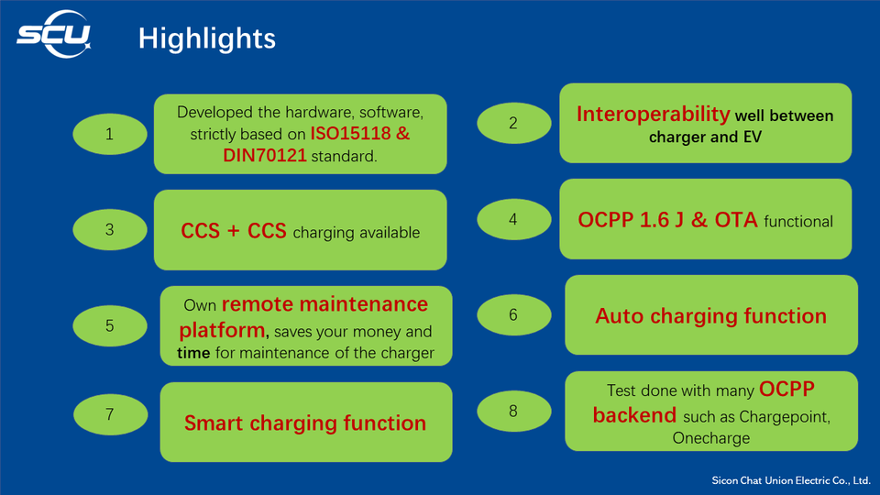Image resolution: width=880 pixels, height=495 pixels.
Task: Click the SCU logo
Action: pyautogui.click(x=54, y=38)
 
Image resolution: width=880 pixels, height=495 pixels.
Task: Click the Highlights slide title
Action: pyautogui.click(x=206, y=38)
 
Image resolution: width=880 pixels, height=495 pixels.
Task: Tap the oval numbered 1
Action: pyautogui.click(x=109, y=134)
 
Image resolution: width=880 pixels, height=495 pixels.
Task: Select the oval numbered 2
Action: pyautogui.click(x=513, y=122)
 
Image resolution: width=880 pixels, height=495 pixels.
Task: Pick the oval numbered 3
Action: pyautogui.click(x=109, y=230)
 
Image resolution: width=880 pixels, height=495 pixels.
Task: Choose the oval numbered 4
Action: pyautogui.click(x=513, y=220)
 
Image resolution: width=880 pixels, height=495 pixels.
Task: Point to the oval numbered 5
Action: pyautogui.click(x=109, y=325)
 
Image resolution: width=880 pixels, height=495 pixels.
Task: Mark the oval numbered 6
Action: pyautogui.click(x=513, y=314)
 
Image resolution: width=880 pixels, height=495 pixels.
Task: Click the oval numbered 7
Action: pyautogui.click(x=109, y=414)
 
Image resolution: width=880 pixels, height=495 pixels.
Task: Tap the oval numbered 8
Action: pyautogui.click(x=513, y=410)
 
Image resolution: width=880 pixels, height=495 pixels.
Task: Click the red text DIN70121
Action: pyautogui.click(x=265, y=156)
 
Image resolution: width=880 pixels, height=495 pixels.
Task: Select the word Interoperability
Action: pyautogui.click(x=653, y=114)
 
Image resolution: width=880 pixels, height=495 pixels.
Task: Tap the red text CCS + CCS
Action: pyautogui.click(x=234, y=231)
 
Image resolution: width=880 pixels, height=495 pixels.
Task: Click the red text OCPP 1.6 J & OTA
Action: pyautogui.click(x=667, y=220)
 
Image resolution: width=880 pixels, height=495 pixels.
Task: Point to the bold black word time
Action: pyautogui.click(x=193, y=353)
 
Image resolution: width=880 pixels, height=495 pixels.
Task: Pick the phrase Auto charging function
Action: pyautogui.click(x=710, y=316)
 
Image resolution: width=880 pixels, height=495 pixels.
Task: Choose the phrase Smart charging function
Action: pyautogui.click(x=305, y=423)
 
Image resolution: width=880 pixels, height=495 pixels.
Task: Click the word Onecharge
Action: pyautogui.click(x=710, y=438)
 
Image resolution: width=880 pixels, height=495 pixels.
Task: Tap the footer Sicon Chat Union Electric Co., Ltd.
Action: pyautogui.click(x=791, y=480)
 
